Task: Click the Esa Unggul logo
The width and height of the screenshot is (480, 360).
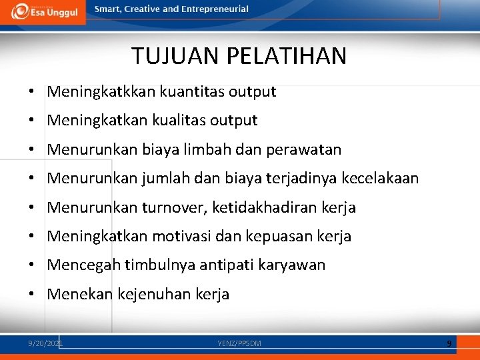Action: pyautogui.click(x=43, y=12)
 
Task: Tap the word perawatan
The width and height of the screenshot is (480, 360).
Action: pyautogui.click(x=303, y=150)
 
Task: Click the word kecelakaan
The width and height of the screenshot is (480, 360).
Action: pyautogui.click(x=380, y=179)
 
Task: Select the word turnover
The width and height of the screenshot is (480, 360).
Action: pyautogui.click(x=175, y=208)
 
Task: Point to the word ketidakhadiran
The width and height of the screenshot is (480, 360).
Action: pyautogui.click(x=265, y=208)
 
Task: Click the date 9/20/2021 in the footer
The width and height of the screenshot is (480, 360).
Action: pyautogui.click(x=45, y=343)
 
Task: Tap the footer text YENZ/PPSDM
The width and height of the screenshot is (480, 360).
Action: pyautogui.click(x=239, y=343)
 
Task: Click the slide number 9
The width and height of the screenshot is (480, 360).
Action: pyautogui.click(x=449, y=343)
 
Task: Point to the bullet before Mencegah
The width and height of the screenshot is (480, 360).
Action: pyautogui.click(x=32, y=265)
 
